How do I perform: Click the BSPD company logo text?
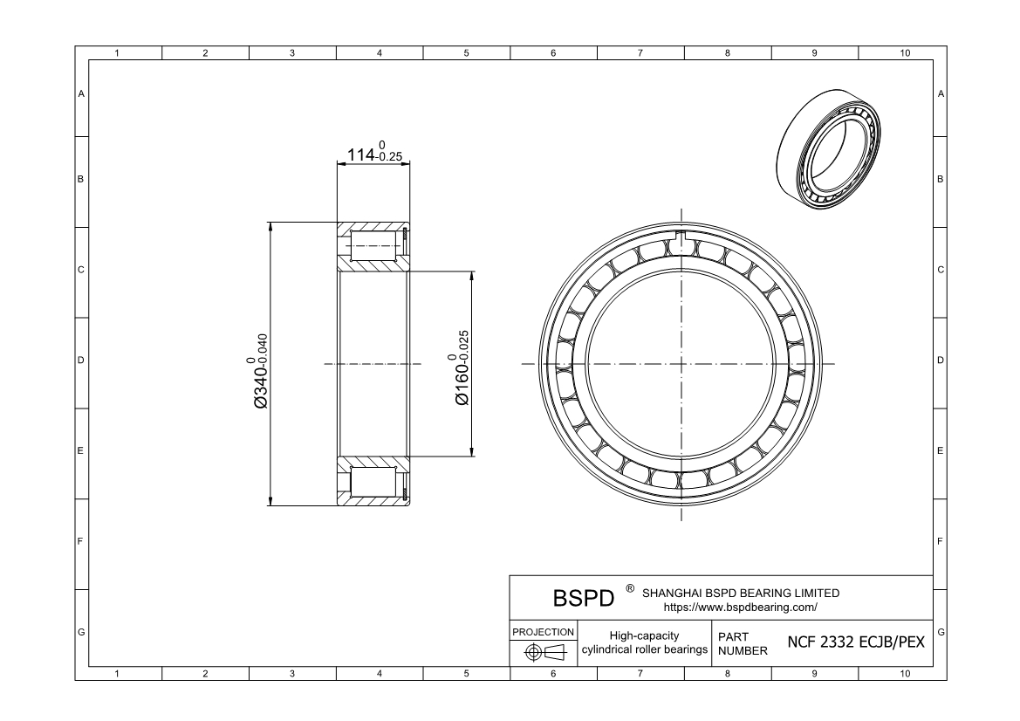click(x=584, y=600)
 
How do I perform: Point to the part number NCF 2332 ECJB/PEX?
click(x=855, y=642)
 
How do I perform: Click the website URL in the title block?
click(x=740, y=607)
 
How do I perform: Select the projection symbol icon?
click(x=542, y=652)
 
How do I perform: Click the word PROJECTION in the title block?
click(x=542, y=631)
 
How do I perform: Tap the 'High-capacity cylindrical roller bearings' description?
click(x=644, y=642)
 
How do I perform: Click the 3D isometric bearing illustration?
click(x=828, y=148)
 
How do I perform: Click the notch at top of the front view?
click(x=681, y=238)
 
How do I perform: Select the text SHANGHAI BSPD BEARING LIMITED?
click(x=740, y=593)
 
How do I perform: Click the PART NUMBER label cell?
click(x=743, y=643)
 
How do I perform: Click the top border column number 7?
click(x=640, y=53)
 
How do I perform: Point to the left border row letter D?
click(x=81, y=360)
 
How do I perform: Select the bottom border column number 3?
click(x=292, y=673)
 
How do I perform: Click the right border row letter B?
click(x=940, y=180)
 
